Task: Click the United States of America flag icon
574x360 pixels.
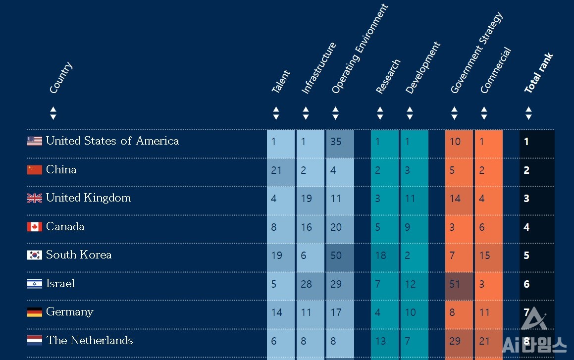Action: [x=35, y=141]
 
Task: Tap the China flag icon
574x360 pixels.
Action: [x=35, y=170]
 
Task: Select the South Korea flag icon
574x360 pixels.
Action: [x=35, y=255]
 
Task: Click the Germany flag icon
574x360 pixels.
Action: [x=35, y=312]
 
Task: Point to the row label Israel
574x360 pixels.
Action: [x=60, y=284]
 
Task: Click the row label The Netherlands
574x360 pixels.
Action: [x=90, y=341]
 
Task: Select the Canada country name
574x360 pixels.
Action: [x=65, y=227]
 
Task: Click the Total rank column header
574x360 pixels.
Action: [x=538, y=73]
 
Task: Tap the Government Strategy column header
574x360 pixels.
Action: [x=476, y=53]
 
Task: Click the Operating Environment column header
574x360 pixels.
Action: [x=360, y=50]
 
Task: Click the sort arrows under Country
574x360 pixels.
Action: [x=53, y=113]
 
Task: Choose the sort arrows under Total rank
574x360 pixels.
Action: [x=528, y=113]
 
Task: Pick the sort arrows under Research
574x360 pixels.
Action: [x=380, y=113]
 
